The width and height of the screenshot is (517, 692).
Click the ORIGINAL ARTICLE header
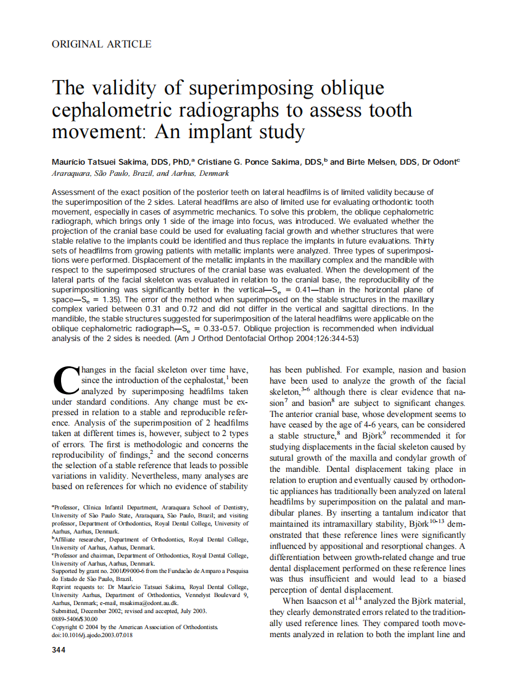[102, 44]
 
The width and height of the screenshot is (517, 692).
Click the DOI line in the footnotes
[92, 633]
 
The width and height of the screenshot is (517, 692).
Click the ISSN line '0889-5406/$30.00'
[75, 619]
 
